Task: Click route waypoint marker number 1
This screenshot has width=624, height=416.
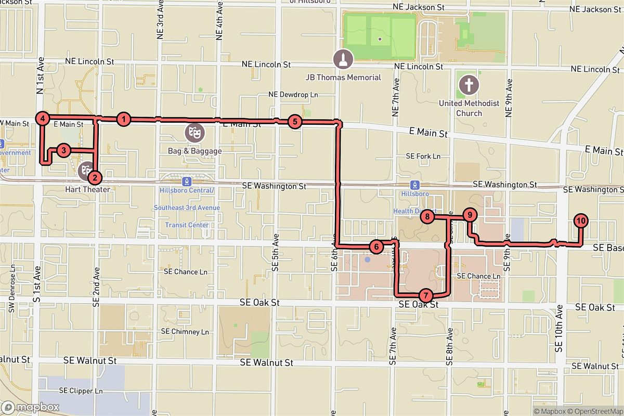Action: point(123,119)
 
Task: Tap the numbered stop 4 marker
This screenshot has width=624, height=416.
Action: point(43,119)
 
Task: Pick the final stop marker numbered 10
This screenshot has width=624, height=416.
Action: point(581,220)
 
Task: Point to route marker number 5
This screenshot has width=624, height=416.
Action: point(294,122)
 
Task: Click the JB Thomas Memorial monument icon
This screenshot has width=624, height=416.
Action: point(343,59)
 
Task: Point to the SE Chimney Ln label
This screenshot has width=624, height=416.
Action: point(185,331)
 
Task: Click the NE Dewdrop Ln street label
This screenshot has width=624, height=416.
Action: point(293,95)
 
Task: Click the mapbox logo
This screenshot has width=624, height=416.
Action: point(30,407)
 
